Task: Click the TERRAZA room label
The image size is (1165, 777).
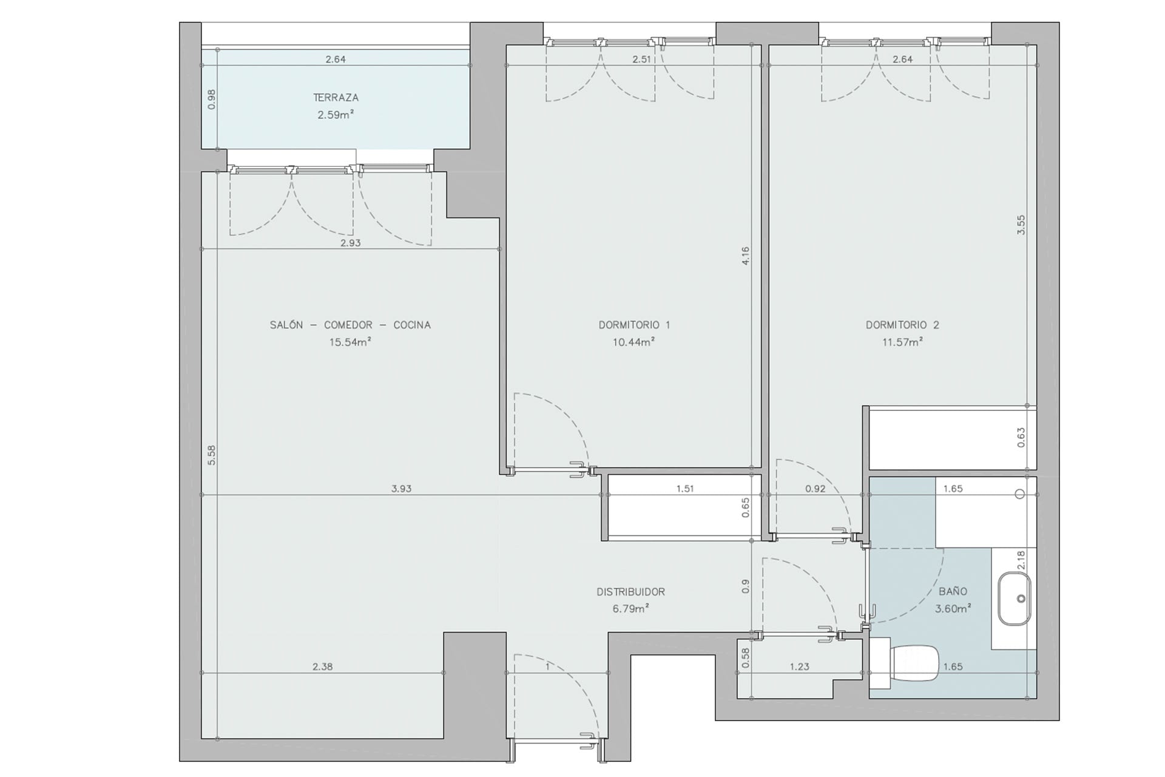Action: tap(336, 97)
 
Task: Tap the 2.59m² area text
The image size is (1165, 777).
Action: tap(336, 114)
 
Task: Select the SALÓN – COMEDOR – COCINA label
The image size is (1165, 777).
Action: tap(350, 325)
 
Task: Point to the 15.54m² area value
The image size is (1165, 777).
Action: tap(350, 342)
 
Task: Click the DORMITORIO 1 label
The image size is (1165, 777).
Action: tap(634, 325)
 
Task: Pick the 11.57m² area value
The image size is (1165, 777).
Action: tap(902, 342)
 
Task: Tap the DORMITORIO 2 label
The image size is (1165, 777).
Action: tap(902, 325)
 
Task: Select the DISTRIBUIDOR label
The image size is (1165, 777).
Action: tap(630, 592)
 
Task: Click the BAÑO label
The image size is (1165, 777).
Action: tap(953, 591)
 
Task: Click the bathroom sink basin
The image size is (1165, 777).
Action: tap(1015, 599)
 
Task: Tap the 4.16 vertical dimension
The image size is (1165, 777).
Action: tap(746, 256)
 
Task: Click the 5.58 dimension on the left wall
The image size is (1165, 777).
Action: tap(211, 455)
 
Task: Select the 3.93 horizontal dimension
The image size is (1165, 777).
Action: tap(401, 488)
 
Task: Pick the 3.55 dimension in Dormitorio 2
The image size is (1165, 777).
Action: tap(1021, 225)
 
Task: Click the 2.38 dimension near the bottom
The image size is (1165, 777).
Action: tap(322, 667)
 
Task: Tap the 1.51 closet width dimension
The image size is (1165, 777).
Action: tap(685, 488)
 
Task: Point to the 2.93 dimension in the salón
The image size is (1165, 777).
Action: tap(350, 243)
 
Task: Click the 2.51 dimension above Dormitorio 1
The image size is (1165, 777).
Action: tap(641, 59)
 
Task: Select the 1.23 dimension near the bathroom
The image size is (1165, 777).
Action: tap(799, 667)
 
